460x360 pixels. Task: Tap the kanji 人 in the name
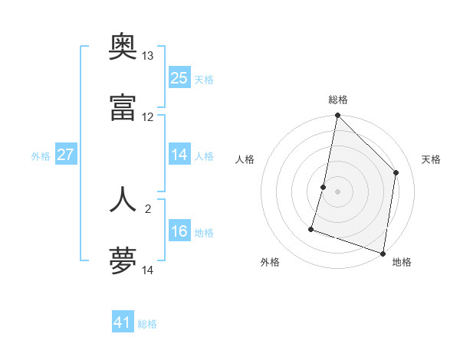click(x=123, y=199)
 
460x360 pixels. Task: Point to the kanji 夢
click(x=123, y=261)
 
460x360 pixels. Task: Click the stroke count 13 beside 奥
click(x=148, y=56)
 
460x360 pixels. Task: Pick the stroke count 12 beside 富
click(x=148, y=117)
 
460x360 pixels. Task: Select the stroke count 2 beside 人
click(x=148, y=208)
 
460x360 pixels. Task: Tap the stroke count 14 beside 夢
click(x=148, y=270)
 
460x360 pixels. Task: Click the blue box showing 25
click(x=179, y=78)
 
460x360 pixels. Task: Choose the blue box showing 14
click(x=179, y=154)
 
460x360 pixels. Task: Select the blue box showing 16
click(x=179, y=231)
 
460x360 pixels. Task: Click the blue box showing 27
click(x=66, y=155)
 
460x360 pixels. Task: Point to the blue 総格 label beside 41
click(x=148, y=324)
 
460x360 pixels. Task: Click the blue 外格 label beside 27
click(x=41, y=156)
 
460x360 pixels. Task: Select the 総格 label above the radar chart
click(x=337, y=100)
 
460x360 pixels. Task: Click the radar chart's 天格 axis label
click(x=431, y=159)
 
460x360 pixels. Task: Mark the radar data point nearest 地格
click(x=383, y=253)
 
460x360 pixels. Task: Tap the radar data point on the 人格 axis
click(x=324, y=187)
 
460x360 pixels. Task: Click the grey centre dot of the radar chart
click(x=337, y=191)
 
